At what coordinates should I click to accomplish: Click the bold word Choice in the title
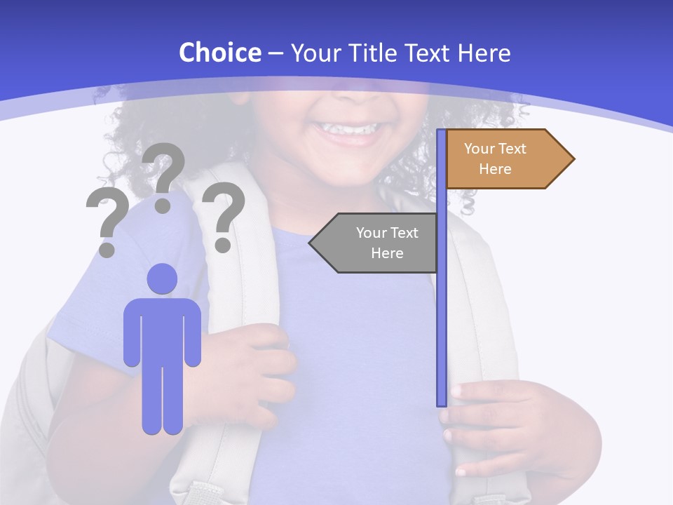click(x=219, y=53)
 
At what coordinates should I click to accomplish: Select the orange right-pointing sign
click(x=505, y=159)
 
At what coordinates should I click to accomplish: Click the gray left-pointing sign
click(x=379, y=243)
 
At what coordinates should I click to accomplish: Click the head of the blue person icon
click(x=162, y=278)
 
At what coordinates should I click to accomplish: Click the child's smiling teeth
click(x=346, y=129)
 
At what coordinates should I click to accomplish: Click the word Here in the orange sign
click(x=495, y=169)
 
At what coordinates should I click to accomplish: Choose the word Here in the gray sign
click(x=387, y=253)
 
